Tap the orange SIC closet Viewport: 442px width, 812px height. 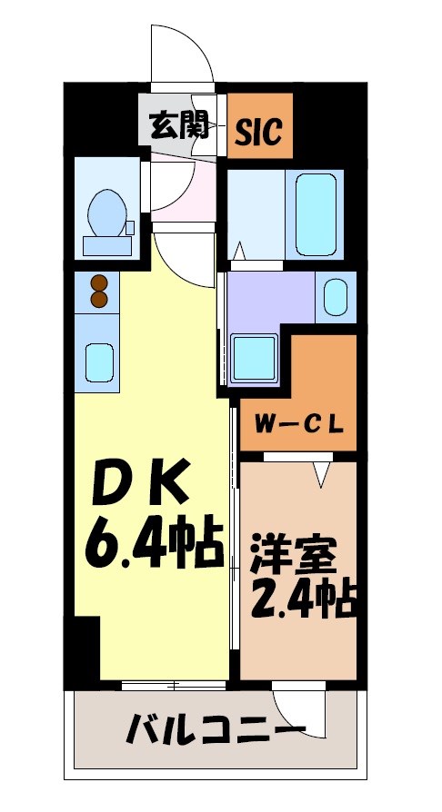(259, 126)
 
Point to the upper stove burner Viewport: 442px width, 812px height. (99, 282)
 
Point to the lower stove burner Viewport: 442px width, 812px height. (99, 299)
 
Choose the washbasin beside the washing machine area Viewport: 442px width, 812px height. (336, 296)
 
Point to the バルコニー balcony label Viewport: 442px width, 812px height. (215, 728)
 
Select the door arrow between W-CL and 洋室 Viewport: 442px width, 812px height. (319, 472)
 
